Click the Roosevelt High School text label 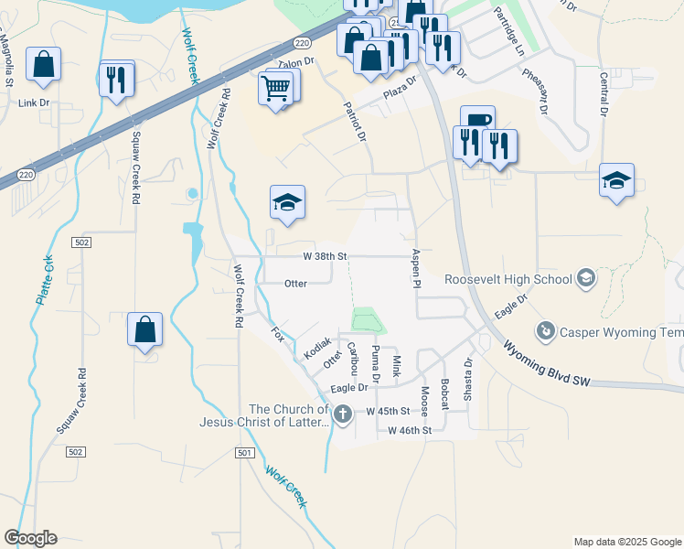507,278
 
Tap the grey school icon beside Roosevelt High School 585,278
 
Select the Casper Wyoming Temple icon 546,329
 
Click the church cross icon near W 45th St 343,414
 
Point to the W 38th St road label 326,257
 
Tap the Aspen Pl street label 416,270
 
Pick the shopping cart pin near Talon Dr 277,90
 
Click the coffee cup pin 476,122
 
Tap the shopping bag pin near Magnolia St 43,65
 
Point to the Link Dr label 34,102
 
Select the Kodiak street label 316,347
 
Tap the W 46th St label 409,429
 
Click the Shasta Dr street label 468,373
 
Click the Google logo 30,538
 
